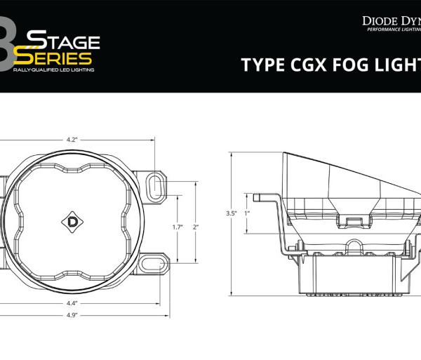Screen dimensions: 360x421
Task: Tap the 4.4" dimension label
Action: point(72,303)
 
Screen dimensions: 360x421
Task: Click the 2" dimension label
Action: point(196,227)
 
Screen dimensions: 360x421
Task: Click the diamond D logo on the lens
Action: point(72,221)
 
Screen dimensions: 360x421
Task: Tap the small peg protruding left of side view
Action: point(259,196)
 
